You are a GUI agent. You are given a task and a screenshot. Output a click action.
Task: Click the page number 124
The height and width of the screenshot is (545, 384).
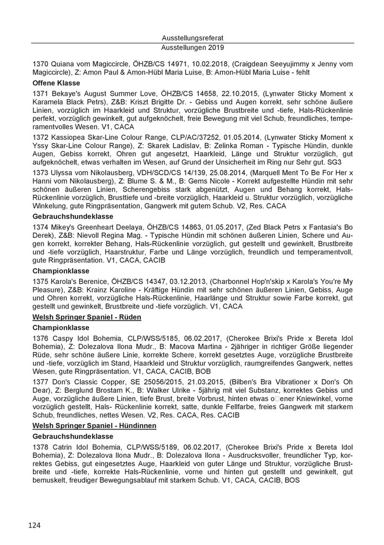(35, 525)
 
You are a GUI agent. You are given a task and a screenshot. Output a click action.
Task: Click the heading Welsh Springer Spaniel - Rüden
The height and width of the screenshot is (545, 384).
(87, 317)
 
